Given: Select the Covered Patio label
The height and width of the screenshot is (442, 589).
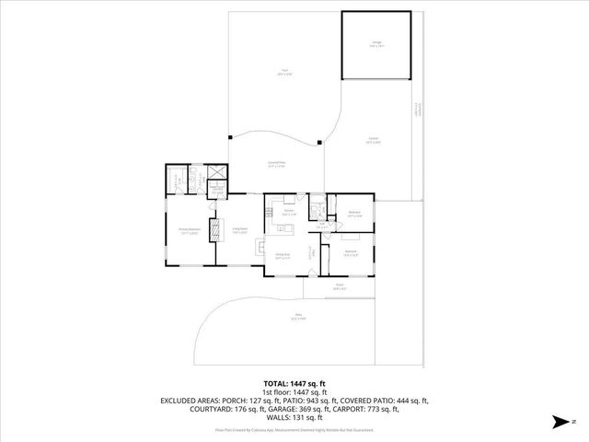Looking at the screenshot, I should pyautogui.click(x=275, y=164).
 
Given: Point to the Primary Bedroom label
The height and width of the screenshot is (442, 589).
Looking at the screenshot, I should pyautogui.click(x=191, y=232).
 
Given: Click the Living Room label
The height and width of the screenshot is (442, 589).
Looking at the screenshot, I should pyautogui.click(x=241, y=232).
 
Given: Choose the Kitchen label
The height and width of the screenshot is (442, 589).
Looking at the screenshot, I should pyautogui.click(x=288, y=214).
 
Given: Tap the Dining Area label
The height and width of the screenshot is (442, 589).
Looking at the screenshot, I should pyautogui.click(x=283, y=257).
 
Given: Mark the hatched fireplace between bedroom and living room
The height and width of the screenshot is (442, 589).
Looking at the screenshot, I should pyautogui.click(x=217, y=229).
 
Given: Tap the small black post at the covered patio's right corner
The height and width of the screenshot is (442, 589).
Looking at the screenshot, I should pyautogui.click(x=319, y=142).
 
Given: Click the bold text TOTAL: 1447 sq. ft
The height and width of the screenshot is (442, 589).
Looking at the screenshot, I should pyautogui.click(x=294, y=383).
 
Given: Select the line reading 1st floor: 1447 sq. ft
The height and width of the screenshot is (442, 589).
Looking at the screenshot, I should pyautogui.click(x=294, y=392).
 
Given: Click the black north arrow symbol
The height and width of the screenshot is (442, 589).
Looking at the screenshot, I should pyautogui.click(x=558, y=423).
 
